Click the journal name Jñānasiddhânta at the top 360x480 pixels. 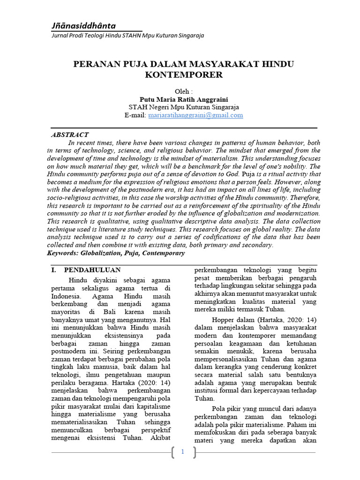83,26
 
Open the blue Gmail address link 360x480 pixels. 195,115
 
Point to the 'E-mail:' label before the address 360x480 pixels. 135,115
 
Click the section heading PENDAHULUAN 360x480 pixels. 92,270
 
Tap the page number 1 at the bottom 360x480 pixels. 183,452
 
